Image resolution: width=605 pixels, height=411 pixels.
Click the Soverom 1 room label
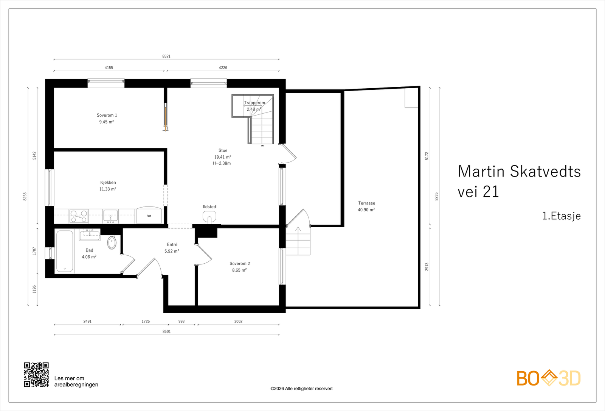point(107,116)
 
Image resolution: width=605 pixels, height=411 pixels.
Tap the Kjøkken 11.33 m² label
point(108,186)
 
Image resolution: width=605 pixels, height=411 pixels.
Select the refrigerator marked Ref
point(149,215)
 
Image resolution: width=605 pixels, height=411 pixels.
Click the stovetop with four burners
point(79,216)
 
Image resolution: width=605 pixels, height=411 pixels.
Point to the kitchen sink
point(110,216)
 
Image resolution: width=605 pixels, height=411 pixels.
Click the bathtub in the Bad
point(65,251)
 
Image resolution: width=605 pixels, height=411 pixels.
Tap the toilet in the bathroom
point(112,242)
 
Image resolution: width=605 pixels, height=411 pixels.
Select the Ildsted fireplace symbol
point(209,217)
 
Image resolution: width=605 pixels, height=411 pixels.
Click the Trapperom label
point(254,103)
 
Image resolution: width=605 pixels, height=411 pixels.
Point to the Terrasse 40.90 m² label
point(366,206)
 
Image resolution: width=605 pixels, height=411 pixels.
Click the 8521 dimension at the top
point(166,56)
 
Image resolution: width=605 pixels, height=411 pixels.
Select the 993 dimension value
point(181,321)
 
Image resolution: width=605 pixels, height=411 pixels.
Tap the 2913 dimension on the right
point(427,267)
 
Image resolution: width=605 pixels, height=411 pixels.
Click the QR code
point(36,375)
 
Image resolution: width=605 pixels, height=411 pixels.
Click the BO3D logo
point(549,378)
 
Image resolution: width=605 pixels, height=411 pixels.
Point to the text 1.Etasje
point(561,216)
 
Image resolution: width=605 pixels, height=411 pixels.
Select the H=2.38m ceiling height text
point(222,164)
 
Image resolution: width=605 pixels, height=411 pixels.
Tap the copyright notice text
point(301,389)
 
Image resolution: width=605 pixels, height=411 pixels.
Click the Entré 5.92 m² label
point(172,248)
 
